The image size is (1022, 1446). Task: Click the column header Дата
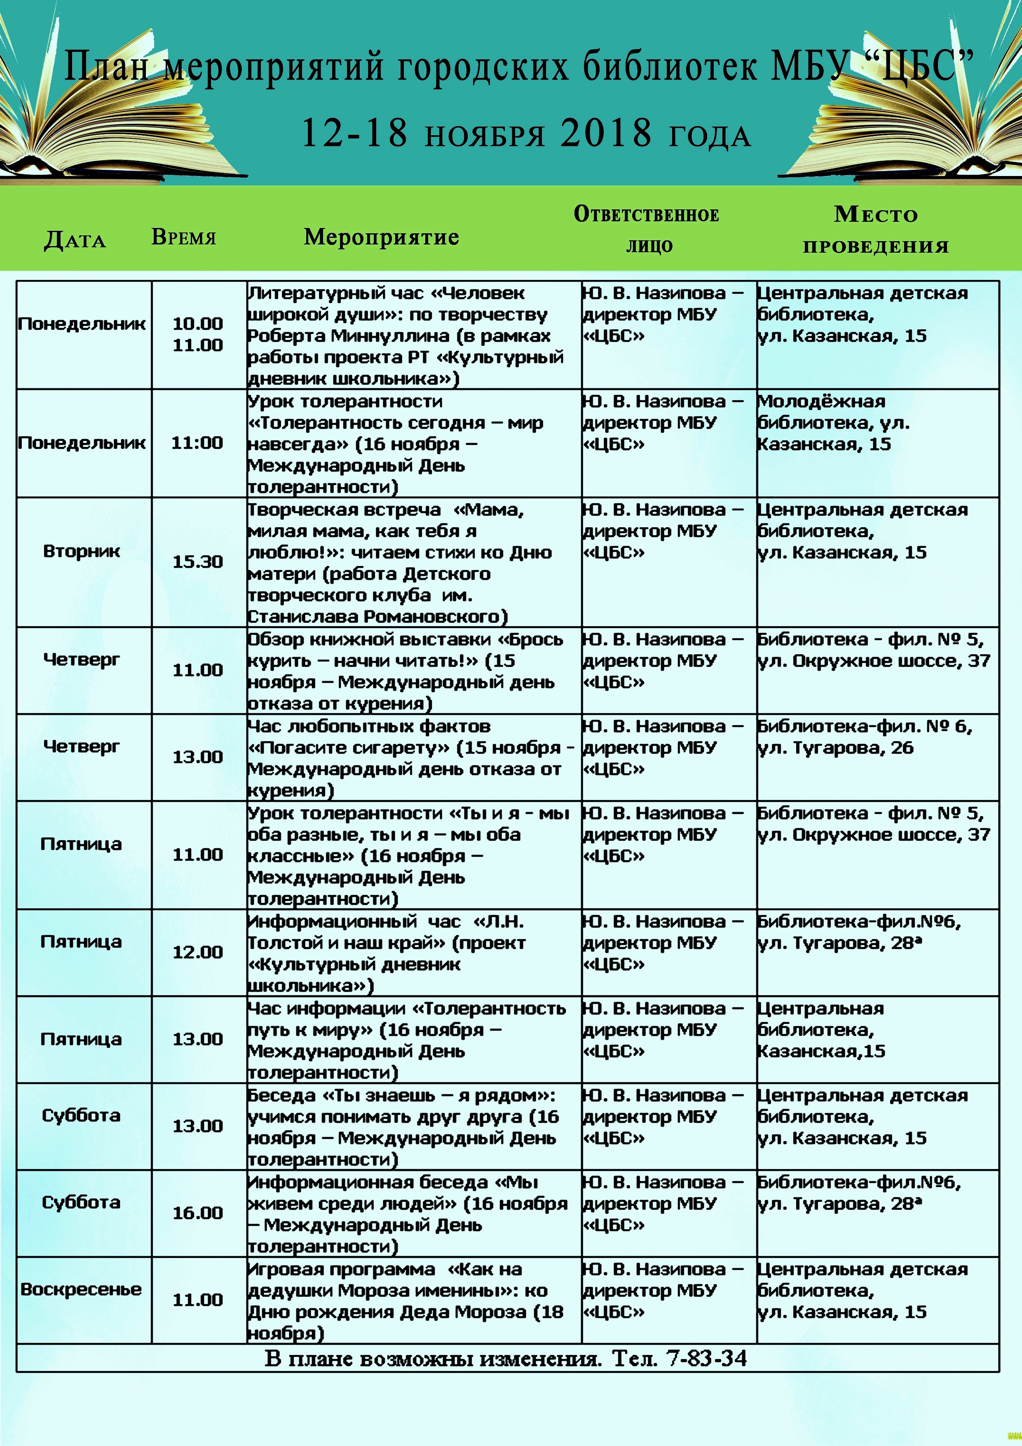[x=74, y=240]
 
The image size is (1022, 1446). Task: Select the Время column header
[x=183, y=237]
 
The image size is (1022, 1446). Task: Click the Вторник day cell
[x=81, y=551]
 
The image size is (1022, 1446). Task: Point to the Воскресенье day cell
[x=81, y=1289]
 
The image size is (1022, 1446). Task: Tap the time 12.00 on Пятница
[x=198, y=952]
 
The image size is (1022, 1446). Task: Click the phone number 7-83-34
[x=706, y=1359]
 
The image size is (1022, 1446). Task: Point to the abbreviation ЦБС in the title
[x=917, y=67]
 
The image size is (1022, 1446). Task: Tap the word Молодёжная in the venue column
[x=821, y=401]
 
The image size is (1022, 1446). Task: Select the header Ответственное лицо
[x=647, y=229]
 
